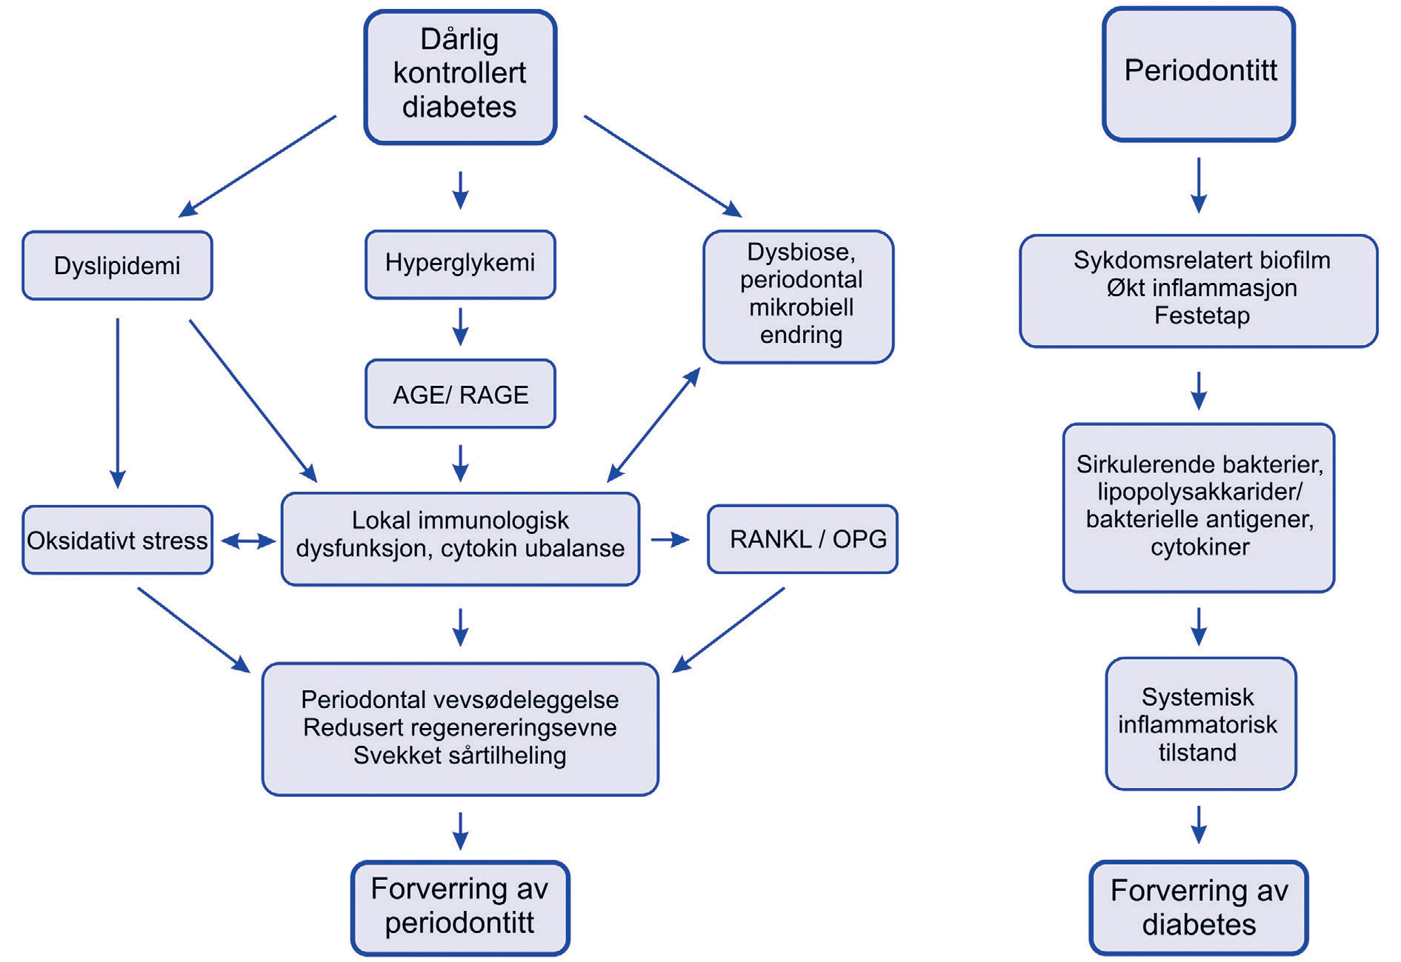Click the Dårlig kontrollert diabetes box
pos(460,77)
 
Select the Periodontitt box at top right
pos(1199,74)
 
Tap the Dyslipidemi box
pos(117,265)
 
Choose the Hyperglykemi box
pos(460,264)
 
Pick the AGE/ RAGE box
pos(460,394)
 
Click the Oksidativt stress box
pos(117,540)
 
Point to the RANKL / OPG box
pos(803,539)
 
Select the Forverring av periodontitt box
pos(460,907)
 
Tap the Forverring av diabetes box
pos(1199,908)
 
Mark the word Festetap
pos(1202,315)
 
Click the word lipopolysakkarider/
pos(1199,492)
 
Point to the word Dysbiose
pos(800,252)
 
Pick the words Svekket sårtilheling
pos(460,755)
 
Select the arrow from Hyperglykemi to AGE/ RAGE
pos(460,327)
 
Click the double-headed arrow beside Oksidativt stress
pos(248,541)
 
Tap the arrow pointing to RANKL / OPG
pos(670,540)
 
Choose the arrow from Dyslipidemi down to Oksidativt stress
pos(117,404)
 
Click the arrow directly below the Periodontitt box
pos(1199,185)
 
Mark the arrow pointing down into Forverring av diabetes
pos(1199,824)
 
